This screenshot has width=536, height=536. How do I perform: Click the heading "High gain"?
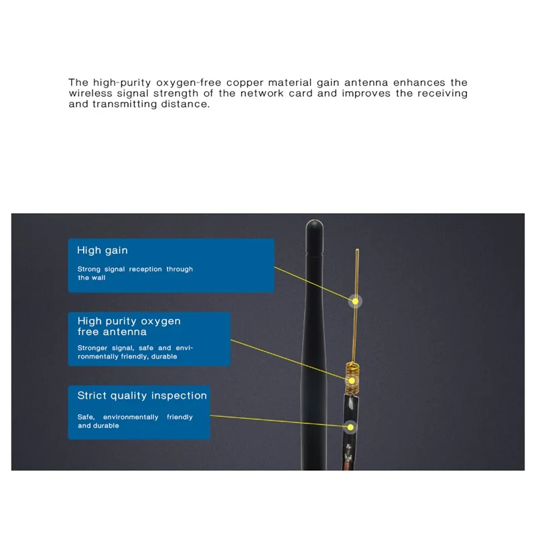102,251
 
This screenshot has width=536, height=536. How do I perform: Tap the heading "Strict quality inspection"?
142,395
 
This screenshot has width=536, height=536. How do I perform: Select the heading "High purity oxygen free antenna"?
129,326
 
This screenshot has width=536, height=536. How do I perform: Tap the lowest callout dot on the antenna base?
350,426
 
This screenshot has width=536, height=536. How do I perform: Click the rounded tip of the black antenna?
315,224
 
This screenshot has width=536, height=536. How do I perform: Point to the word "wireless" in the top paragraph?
90,93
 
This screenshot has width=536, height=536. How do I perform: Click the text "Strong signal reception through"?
135,269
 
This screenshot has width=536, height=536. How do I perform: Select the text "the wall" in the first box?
91,277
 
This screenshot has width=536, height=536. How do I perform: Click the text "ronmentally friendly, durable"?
127,356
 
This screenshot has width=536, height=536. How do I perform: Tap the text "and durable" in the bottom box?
98,425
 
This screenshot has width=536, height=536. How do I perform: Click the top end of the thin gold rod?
356,250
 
